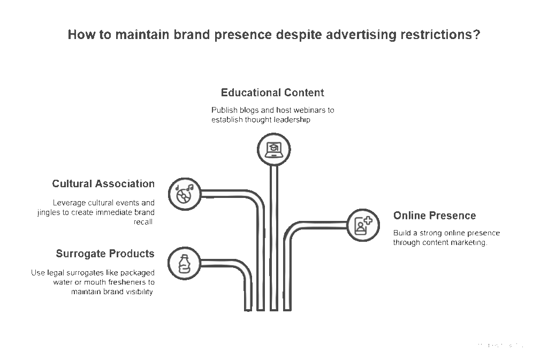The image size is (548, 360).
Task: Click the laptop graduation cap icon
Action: point(273,149)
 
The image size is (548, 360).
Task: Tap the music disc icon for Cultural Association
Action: point(185,193)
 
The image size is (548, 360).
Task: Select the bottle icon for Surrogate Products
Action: point(184,263)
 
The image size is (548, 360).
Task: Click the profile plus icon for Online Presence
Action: point(363,224)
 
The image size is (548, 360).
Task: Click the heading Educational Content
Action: point(272,93)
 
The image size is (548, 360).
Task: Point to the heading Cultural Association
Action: point(103,183)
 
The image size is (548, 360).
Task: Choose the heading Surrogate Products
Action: point(105,254)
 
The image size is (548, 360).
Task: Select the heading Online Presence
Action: point(434,216)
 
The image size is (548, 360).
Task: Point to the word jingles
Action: point(50,212)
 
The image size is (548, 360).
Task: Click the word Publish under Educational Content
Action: point(224,110)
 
